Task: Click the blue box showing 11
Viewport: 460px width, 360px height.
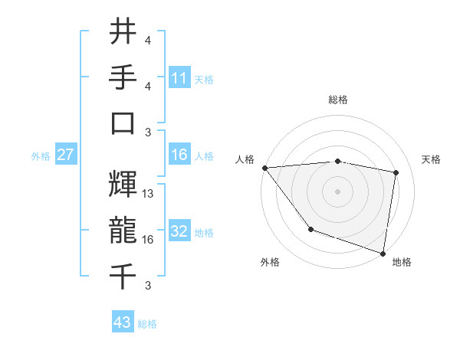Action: coord(179,78)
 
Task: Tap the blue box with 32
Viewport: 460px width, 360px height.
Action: coord(179,231)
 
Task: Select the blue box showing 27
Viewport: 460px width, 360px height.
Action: coord(65,155)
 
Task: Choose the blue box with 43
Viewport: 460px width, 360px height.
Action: coord(123,322)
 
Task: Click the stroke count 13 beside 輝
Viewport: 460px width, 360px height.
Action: coord(149,195)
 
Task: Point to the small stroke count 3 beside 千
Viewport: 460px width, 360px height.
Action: coord(147,286)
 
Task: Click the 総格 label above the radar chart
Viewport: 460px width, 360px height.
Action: coord(338,100)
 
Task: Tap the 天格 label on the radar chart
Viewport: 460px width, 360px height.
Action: coord(432,159)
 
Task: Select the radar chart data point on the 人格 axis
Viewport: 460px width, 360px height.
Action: coord(264,168)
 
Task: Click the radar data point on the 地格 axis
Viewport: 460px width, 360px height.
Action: coord(383,253)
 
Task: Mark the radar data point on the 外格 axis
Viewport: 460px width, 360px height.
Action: coord(310,229)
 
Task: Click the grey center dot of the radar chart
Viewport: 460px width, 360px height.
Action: coord(338,191)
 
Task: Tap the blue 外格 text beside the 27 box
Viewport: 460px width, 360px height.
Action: coord(41,156)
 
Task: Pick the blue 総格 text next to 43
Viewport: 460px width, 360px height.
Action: coord(147,324)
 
